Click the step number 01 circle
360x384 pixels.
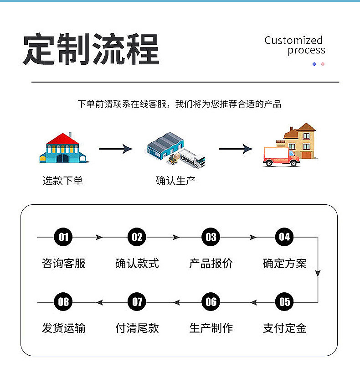pos(63,237)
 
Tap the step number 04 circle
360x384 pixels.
pos(284,237)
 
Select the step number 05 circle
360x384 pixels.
pos(284,302)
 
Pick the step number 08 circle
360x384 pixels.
pos(63,302)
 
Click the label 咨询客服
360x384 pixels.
pos(63,263)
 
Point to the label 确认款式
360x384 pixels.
pos(137,263)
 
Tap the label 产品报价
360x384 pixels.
pos(211,263)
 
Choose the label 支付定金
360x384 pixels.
pos(284,328)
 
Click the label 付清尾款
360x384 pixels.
pos(137,328)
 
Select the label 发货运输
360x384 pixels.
pos(63,328)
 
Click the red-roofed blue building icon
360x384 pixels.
pos(64,148)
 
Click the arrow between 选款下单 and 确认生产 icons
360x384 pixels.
pos(116,149)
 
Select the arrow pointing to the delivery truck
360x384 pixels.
pos(236,149)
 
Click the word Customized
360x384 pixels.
pos(293,40)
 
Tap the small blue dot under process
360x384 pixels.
pos(314,64)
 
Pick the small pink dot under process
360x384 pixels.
pos(323,64)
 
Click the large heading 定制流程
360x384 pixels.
pos(91,49)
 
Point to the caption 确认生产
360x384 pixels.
pos(175,181)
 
